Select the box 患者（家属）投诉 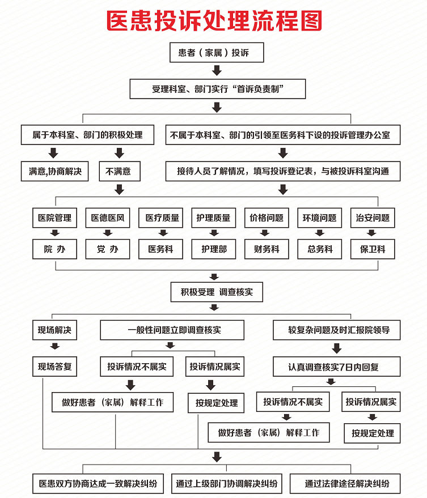[x=213, y=53]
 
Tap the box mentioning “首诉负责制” [x=217, y=88]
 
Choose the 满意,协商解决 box [x=54, y=171]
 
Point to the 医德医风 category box [x=108, y=218]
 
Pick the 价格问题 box [x=267, y=218]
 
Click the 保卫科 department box [x=373, y=249]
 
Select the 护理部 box [x=214, y=249]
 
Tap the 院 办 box [x=54, y=249]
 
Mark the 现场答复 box [x=54, y=367]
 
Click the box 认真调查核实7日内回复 [x=337, y=367]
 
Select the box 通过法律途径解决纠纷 [x=346, y=483]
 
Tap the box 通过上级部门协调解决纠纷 [x=226, y=483]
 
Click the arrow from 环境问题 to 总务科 [x=319, y=233]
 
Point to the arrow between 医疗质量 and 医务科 [x=161, y=233]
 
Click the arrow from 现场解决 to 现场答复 [x=54, y=348]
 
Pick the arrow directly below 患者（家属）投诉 [x=215, y=70]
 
